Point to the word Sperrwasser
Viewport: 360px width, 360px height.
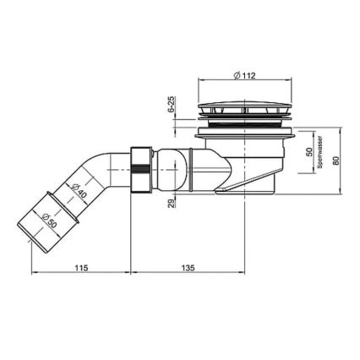click(x=320, y=154)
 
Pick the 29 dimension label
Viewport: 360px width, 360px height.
click(x=171, y=204)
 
